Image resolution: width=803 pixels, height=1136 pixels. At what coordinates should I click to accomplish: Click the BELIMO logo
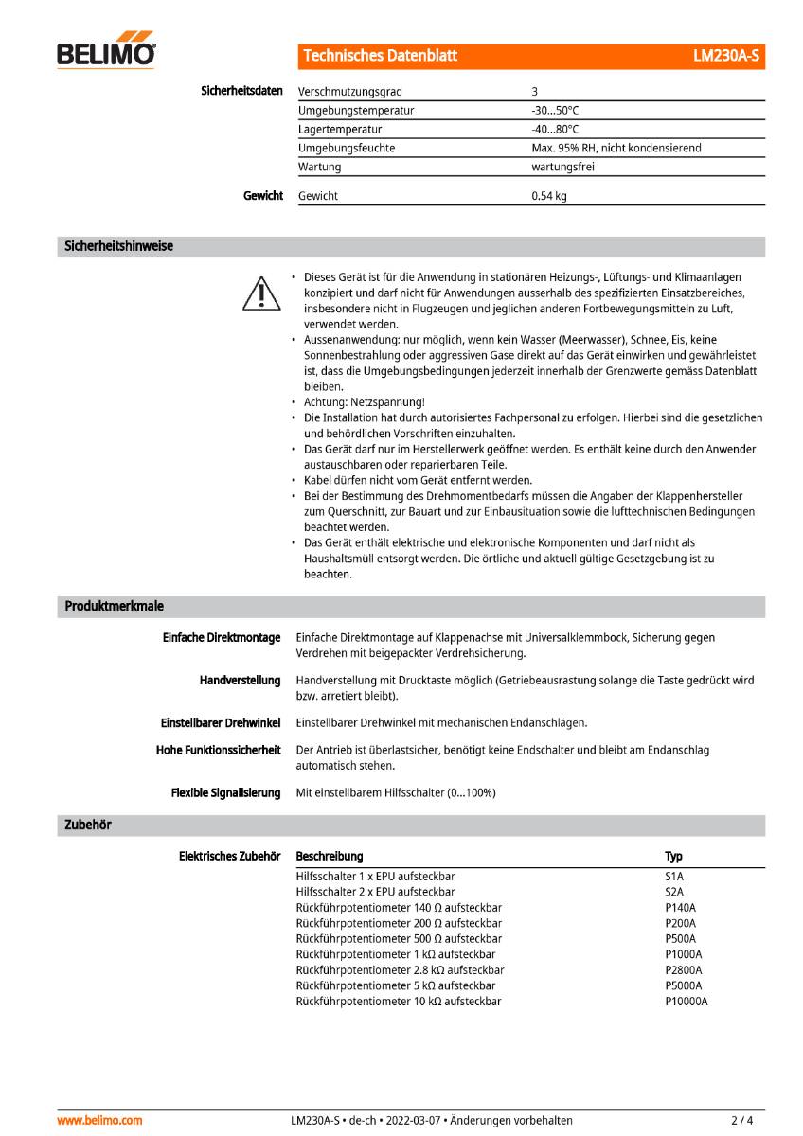pos(106,55)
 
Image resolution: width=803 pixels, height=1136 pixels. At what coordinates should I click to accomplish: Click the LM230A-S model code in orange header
pos(725,56)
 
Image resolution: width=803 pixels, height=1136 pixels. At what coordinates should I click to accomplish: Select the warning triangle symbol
pos(260,293)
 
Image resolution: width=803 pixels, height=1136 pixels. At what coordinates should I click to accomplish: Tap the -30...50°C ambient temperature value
pos(556,111)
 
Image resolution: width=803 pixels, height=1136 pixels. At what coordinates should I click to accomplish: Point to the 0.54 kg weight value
pos(549,196)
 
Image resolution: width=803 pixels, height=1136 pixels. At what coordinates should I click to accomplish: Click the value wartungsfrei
pos(562,167)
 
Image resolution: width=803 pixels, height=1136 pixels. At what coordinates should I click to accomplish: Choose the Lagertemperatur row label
pos(340,130)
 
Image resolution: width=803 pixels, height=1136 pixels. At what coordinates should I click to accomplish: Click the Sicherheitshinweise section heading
pos(118,246)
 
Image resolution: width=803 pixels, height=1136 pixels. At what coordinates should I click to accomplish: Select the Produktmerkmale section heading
pos(114,606)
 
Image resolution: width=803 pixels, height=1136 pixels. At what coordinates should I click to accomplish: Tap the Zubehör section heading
pos(88,825)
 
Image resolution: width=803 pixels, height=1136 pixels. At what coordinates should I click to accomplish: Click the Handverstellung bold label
pos(240,680)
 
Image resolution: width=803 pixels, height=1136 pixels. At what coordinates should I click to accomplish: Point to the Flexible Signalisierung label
pos(225,792)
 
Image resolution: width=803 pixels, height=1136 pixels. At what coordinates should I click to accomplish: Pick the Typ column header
pos(673,856)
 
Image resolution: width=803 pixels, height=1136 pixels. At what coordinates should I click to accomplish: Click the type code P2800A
pos(684,969)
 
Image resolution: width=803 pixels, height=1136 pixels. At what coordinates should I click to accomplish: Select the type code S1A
pos(674,877)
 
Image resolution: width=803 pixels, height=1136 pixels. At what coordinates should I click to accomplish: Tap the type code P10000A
pos(687,1001)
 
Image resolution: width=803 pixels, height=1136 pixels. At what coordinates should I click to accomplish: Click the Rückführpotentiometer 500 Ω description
pos(399,938)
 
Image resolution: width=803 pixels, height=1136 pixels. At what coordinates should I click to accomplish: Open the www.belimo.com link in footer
pos(99,1120)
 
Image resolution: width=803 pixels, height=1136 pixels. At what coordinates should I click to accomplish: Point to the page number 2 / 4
pos(741,1120)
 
